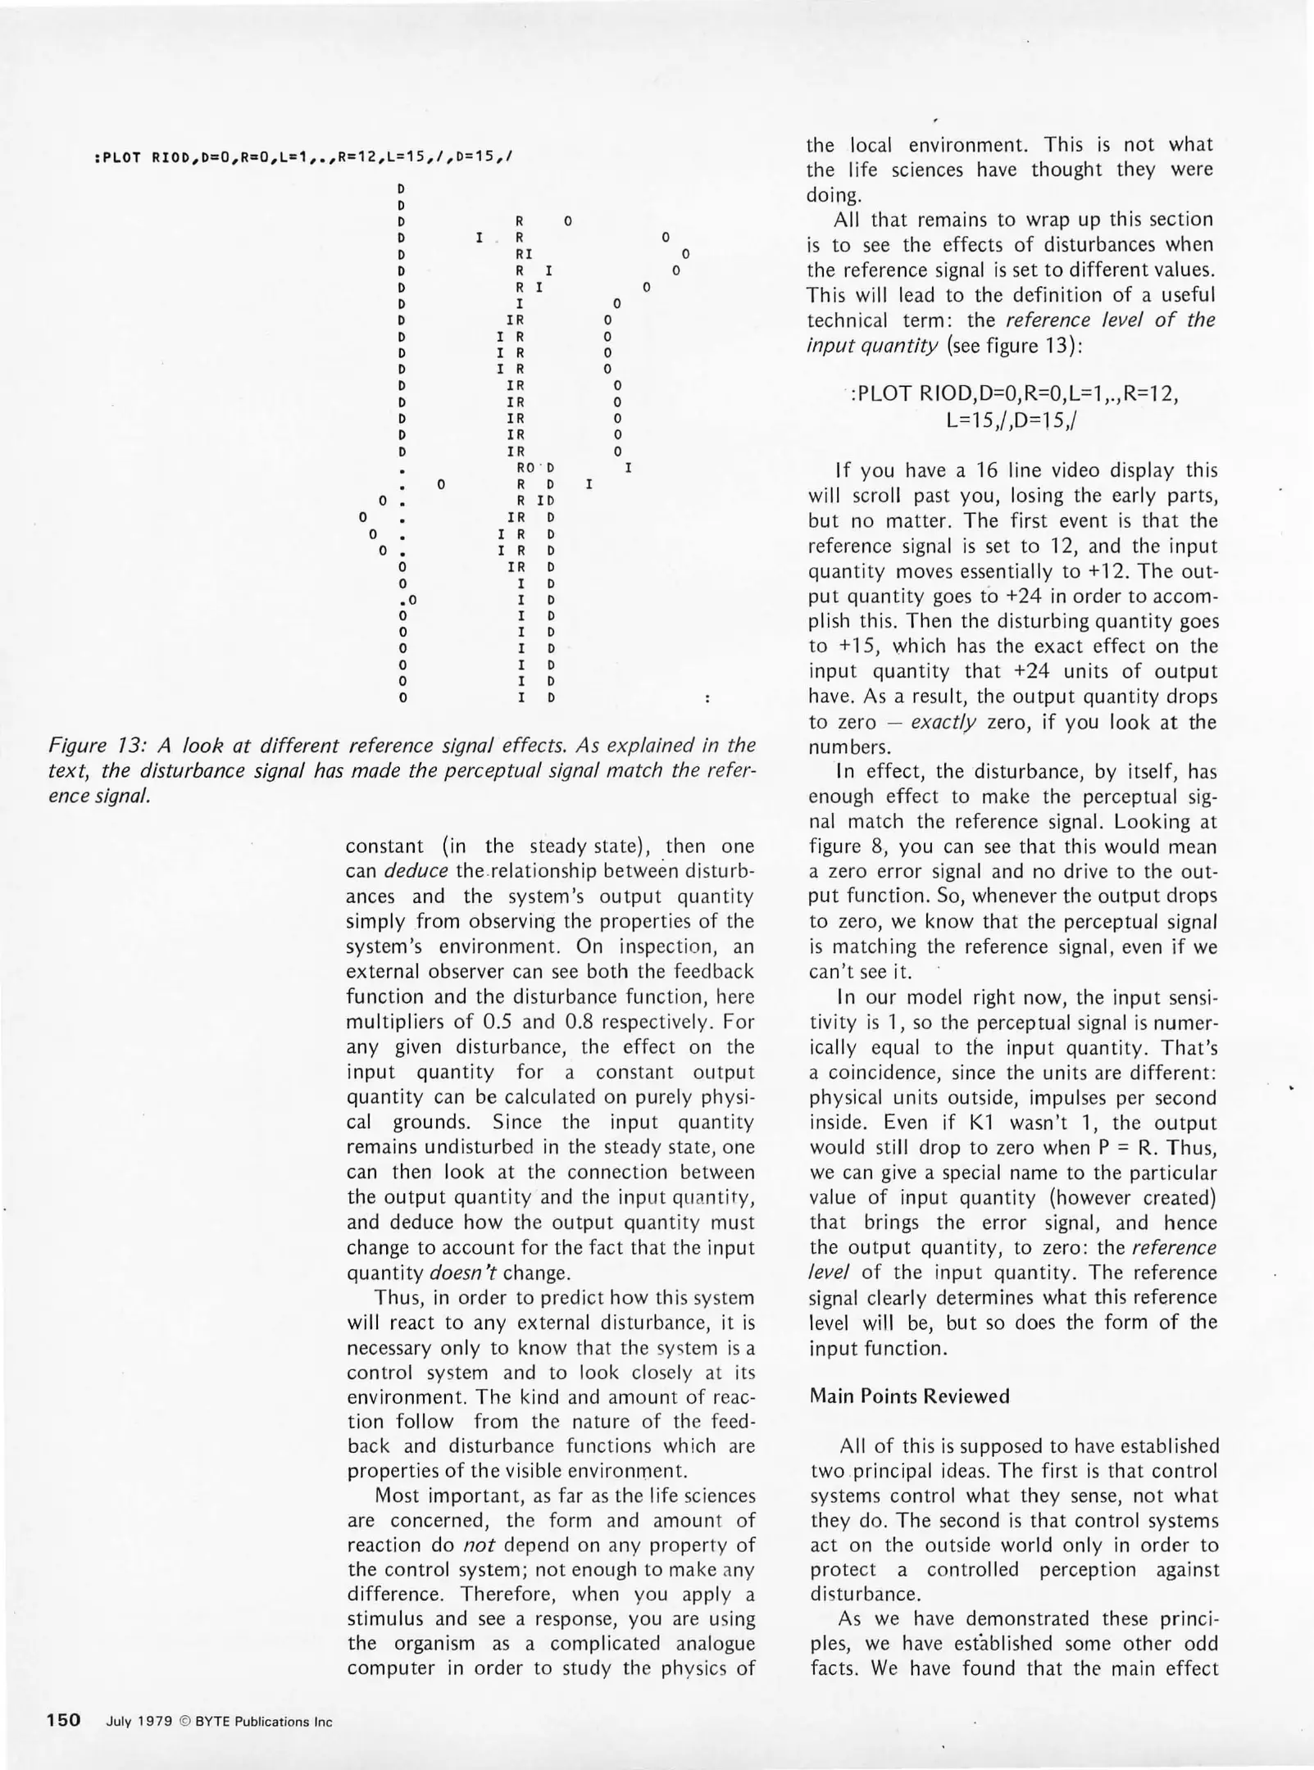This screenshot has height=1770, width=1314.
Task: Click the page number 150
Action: click(x=63, y=1720)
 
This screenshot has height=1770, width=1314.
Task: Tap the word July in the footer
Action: click(x=120, y=1722)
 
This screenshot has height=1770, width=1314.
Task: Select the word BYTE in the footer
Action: click(x=212, y=1722)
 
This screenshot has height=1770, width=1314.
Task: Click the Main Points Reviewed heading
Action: click(x=909, y=1396)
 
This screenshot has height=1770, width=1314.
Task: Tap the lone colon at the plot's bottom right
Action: click(x=707, y=699)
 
